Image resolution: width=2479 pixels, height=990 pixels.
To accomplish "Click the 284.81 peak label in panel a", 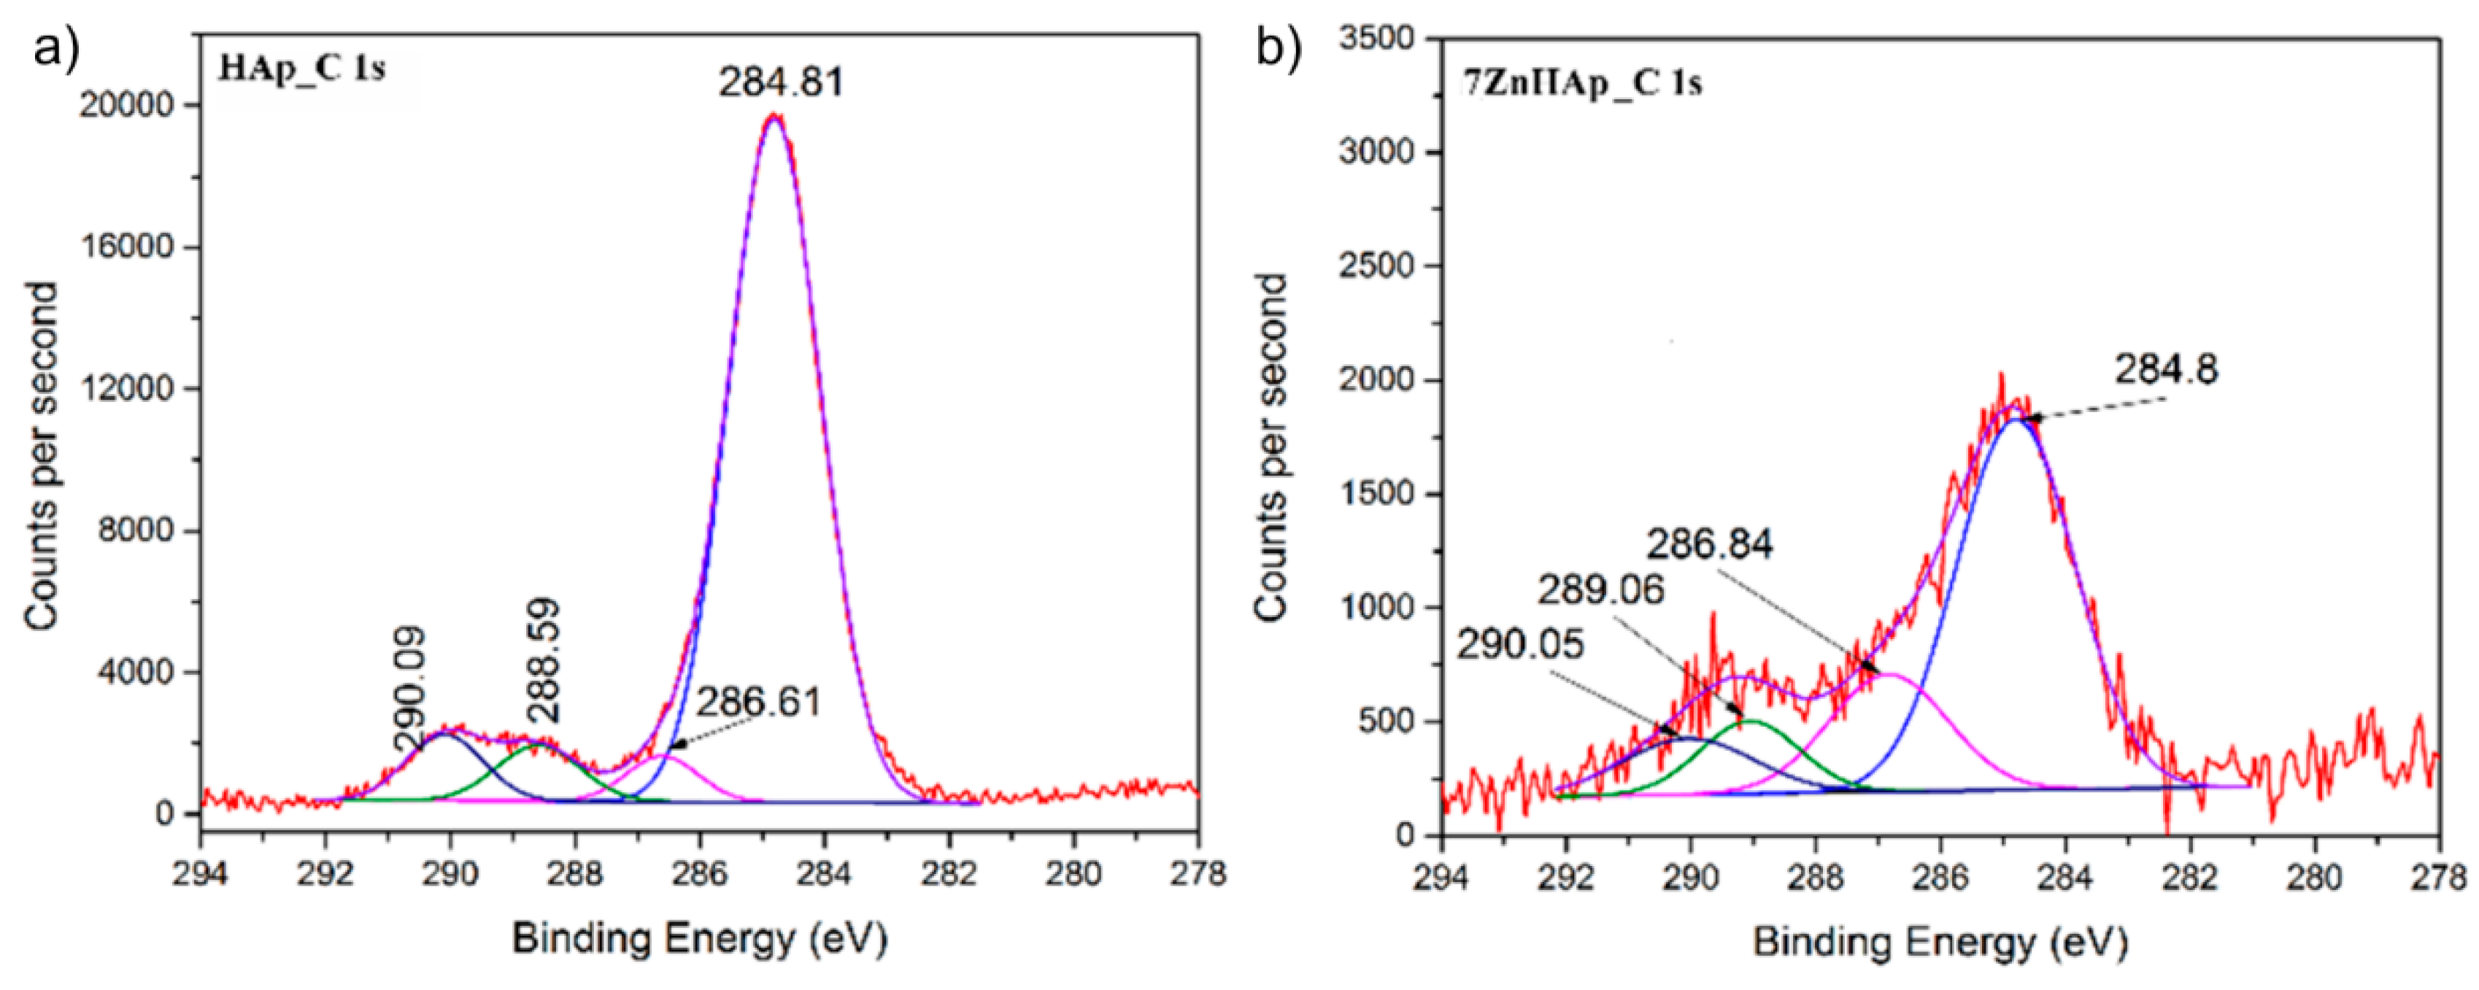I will click(780, 82).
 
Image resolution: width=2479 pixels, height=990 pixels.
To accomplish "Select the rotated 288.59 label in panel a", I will click(544, 661).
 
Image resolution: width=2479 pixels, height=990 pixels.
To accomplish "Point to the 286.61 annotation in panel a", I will click(758, 703).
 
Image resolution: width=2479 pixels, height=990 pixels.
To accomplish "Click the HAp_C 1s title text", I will click(301, 69).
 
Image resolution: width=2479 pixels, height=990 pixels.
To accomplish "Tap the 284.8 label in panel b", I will click(2165, 369).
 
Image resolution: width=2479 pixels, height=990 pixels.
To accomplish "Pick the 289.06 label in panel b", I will click(1600, 589).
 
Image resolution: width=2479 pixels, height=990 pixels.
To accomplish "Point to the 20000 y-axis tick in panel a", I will click(129, 105).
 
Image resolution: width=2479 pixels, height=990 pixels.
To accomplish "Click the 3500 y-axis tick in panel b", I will click(1377, 39).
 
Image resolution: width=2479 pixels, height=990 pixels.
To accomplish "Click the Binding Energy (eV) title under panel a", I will click(700, 938).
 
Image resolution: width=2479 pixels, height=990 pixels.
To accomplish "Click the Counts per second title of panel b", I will click(1272, 446).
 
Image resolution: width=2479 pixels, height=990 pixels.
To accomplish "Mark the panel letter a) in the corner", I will click(55, 46).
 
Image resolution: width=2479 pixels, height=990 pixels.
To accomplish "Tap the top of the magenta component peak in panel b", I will click(1890, 673).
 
